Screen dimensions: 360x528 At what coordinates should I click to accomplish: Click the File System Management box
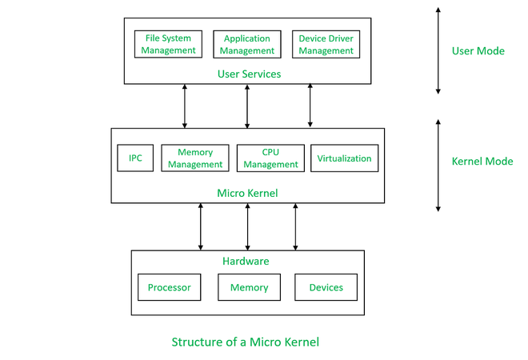pyautogui.click(x=169, y=44)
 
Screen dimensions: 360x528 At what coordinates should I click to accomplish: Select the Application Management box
pyautogui.click(x=246, y=44)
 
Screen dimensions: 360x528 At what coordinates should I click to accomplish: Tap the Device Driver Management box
pyautogui.click(x=326, y=44)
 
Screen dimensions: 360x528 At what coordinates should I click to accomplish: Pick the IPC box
pyautogui.click(x=135, y=158)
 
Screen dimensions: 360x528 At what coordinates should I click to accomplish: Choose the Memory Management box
pyautogui.click(x=195, y=158)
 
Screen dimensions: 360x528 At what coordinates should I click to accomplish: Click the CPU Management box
pyautogui.click(x=270, y=158)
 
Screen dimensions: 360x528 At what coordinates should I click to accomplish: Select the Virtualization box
pyautogui.click(x=344, y=158)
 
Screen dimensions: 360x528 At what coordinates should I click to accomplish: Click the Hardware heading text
pyautogui.click(x=247, y=261)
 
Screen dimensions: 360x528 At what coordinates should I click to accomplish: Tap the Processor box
pyautogui.click(x=169, y=287)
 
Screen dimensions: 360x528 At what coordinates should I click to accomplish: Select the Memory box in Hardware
pyautogui.click(x=249, y=287)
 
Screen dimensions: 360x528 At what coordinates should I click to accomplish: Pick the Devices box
pyautogui.click(x=326, y=287)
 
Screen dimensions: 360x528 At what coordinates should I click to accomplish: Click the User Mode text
pyautogui.click(x=478, y=50)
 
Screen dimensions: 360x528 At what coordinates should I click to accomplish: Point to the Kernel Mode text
pyautogui.click(x=482, y=161)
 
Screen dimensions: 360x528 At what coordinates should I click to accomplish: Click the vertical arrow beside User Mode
pyautogui.click(x=438, y=50)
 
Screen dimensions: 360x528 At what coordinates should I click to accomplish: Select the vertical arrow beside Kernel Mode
pyautogui.click(x=438, y=166)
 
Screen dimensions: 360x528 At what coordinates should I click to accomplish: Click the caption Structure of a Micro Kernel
pyautogui.click(x=245, y=342)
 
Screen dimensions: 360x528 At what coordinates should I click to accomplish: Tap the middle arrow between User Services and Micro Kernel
pyautogui.click(x=247, y=106)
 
